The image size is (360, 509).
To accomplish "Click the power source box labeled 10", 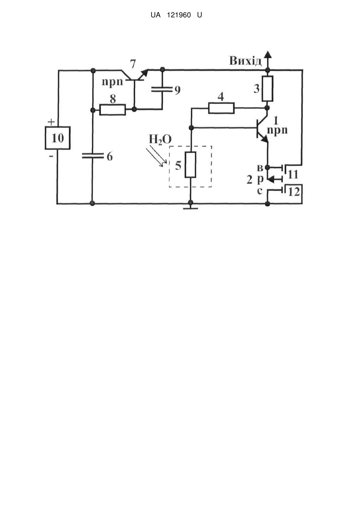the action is (58, 138).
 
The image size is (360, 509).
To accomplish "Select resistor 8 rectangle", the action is (112, 110).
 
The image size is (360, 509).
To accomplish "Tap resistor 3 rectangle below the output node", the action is (267, 89).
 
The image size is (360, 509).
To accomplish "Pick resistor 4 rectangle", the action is (221, 108).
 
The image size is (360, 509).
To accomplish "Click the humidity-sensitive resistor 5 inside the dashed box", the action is (190, 165).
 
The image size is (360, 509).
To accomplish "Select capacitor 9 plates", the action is (162, 89).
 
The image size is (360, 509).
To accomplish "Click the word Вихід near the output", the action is (245, 61).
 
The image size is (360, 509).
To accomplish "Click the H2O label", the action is (160, 139).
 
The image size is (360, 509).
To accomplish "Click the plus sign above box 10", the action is (51, 122).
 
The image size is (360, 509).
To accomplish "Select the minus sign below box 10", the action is (51, 156).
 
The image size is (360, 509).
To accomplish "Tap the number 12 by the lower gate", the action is (294, 192).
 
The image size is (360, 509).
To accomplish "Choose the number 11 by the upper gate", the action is (293, 175).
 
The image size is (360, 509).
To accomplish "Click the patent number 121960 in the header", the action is (179, 15).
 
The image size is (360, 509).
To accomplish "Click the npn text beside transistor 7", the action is (112, 82).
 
